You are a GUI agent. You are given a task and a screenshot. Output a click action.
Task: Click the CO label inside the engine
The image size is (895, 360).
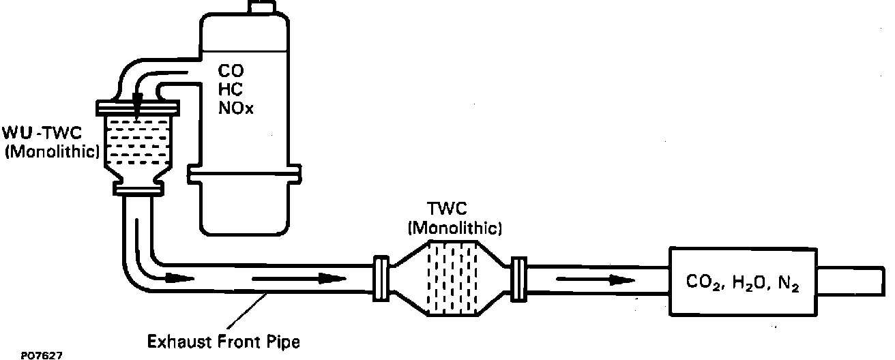pyautogui.click(x=229, y=70)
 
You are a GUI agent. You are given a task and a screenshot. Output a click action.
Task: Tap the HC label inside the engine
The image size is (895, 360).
pyautogui.click(x=229, y=89)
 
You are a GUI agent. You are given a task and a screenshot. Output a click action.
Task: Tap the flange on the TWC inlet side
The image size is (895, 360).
pyautogui.click(x=381, y=278)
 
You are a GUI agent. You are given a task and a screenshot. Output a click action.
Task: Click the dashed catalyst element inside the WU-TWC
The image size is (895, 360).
pyautogui.click(x=138, y=143)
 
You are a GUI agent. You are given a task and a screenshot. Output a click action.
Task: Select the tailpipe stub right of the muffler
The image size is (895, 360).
pyautogui.click(x=852, y=280)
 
